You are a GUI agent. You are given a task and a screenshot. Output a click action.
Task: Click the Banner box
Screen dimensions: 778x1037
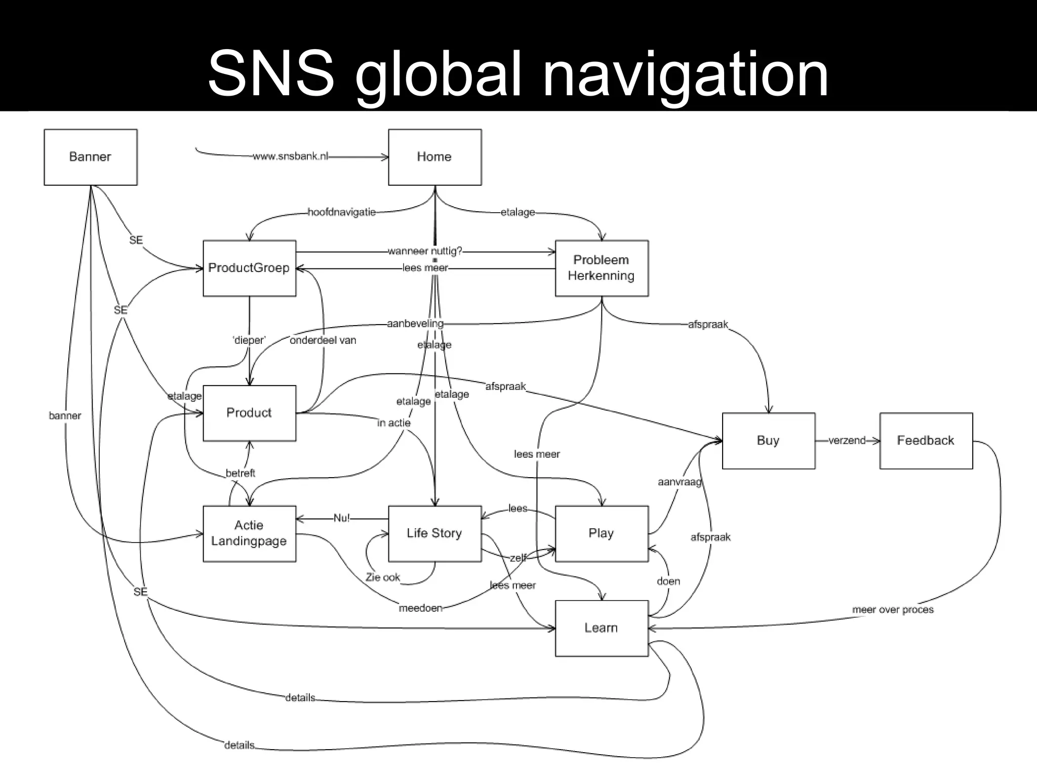tap(90, 157)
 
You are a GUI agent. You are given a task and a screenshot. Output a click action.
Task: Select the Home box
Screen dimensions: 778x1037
tap(434, 157)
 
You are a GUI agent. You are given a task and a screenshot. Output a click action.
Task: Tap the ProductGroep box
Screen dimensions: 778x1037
tap(249, 268)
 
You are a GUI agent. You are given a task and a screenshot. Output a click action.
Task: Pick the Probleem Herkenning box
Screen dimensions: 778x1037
tap(602, 268)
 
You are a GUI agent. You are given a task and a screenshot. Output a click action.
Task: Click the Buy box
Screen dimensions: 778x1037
tap(768, 441)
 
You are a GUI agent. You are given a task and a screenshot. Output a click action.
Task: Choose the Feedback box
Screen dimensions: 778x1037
tap(926, 441)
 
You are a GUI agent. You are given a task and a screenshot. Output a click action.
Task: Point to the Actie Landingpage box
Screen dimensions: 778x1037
tap(249, 533)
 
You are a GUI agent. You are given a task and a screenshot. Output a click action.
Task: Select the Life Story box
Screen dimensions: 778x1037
tap(434, 533)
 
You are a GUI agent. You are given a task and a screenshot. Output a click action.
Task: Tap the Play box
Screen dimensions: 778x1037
tap(602, 533)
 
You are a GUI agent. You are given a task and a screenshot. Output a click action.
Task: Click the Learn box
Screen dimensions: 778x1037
tap(602, 628)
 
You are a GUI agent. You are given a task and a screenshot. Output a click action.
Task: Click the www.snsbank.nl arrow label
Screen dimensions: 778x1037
tap(291, 157)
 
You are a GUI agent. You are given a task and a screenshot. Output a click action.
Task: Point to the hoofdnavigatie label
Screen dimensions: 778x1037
tap(342, 212)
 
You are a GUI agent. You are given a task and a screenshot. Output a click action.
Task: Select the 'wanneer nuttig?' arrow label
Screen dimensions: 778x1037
tap(425, 251)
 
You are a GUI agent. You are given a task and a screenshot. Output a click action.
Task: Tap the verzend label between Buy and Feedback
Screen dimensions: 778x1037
tap(847, 441)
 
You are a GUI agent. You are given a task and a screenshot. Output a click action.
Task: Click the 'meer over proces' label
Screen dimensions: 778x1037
tap(893, 610)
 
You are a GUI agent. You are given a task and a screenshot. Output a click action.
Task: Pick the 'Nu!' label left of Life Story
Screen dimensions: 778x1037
tap(342, 518)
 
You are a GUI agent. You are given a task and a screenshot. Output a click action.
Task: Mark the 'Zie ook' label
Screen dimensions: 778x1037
tap(383, 577)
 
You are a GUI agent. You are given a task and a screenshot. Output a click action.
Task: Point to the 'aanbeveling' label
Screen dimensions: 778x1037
tap(415, 324)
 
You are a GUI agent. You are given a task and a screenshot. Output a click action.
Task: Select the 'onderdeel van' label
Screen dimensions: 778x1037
tap(323, 340)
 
